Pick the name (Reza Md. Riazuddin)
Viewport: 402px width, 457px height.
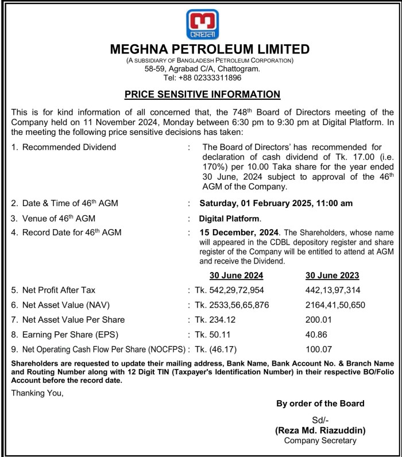[x=320, y=430]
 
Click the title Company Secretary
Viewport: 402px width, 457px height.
[x=320, y=440]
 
